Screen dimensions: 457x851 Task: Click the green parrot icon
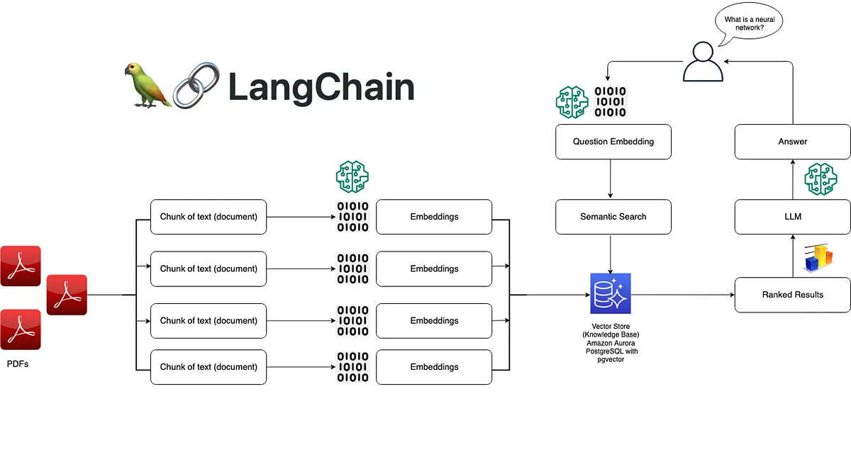(x=148, y=84)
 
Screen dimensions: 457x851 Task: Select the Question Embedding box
(x=613, y=141)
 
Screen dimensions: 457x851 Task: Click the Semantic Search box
(x=613, y=216)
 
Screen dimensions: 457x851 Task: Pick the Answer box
(x=792, y=141)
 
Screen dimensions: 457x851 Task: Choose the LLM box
(x=792, y=216)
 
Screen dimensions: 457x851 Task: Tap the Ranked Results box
(x=792, y=294)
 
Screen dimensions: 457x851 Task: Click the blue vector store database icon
(x=610, y=293)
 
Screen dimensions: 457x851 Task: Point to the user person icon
(x=703, y=62)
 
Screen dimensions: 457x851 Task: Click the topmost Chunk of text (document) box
(x=208, y=216)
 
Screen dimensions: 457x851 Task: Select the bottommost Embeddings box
(x=434, y=367)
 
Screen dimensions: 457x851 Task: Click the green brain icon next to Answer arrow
(x=821, y=179)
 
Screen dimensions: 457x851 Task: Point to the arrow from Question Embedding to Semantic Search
(x=611, y=179)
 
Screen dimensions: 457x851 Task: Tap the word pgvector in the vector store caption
(x=610, y=359)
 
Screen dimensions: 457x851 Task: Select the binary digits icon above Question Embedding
(x=610, y=102)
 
